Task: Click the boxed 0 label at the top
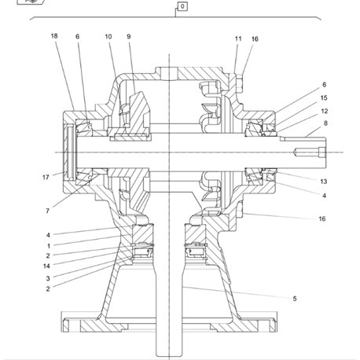click(182, 6)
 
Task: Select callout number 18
click(54, 36)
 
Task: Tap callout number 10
click(108, 36)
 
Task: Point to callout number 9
click(129, 36)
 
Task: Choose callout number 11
click(238, 39)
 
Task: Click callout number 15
click(324, 97)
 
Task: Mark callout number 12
click(325, 111)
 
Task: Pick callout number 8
click(325, 123)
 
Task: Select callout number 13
click(324, 182)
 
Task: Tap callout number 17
click(46, 178)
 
